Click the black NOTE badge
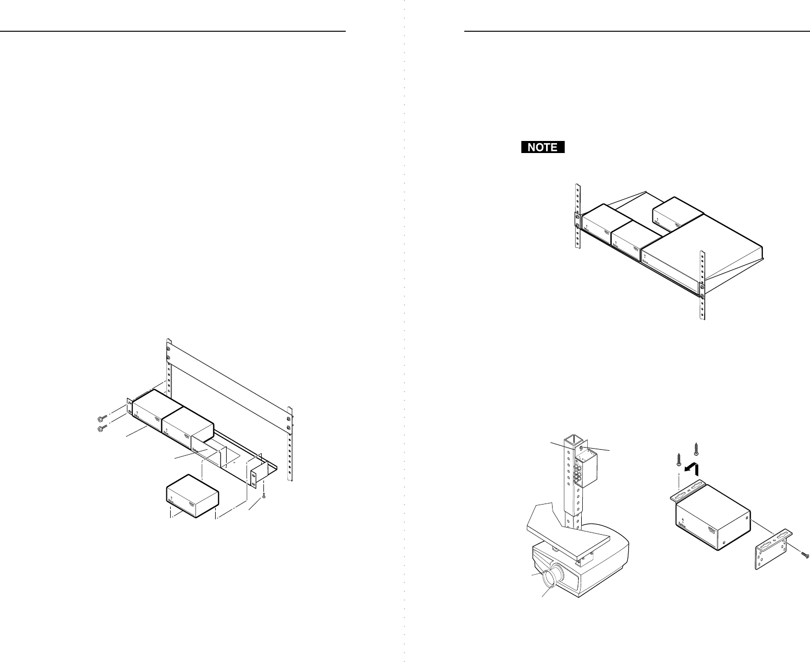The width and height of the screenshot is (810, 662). (x=542, y=147)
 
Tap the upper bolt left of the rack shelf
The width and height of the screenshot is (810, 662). (x=101, y=418)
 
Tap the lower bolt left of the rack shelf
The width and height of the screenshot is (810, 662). (x=101, y=428)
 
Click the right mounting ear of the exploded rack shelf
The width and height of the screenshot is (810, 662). (x=254, y=477)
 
